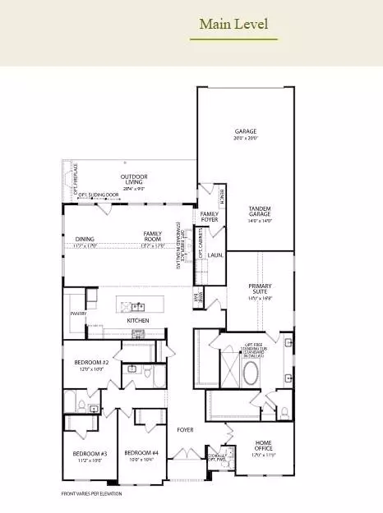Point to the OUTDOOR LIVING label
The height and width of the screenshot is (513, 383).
[x=134, y=180]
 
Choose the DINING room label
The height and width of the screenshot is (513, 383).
[x=85, y=239]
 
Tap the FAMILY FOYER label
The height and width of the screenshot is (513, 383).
[x=210, y=217]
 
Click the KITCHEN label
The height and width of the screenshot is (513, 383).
[x=137, y=320]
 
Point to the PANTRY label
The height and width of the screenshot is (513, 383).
[x=79, y=314]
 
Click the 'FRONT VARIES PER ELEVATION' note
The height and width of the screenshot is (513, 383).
[x=93, y=494]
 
